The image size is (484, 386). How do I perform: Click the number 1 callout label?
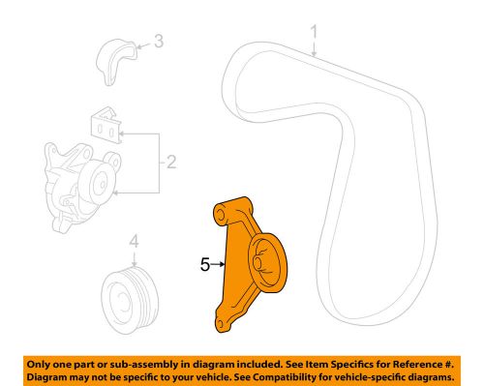(314, 38)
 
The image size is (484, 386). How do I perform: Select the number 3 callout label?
(159, 42)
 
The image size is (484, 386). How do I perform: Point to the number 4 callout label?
(136, 243)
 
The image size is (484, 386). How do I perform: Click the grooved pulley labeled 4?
(129, 292)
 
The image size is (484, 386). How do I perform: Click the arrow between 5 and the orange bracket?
(219, 260)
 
